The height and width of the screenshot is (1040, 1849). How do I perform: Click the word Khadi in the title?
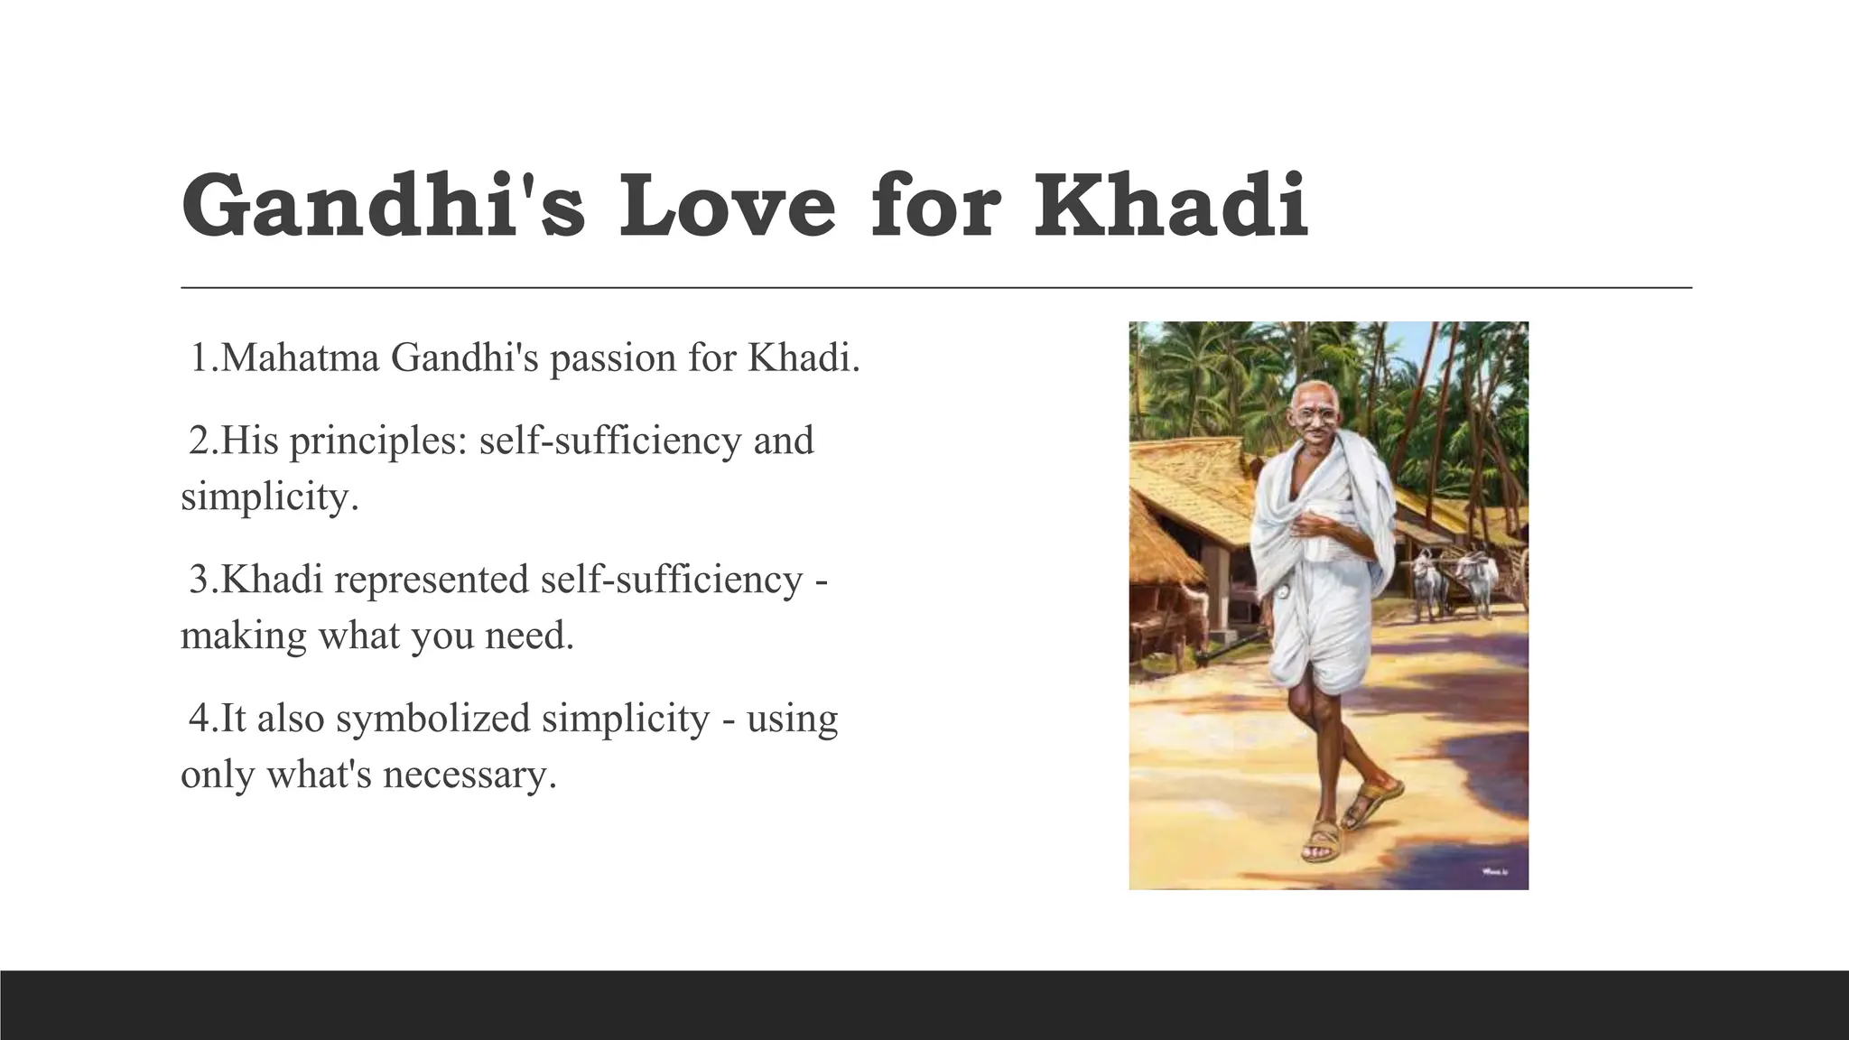pyautogui.click(x=1171, y=207)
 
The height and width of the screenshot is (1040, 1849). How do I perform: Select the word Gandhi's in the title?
pyautogui.click(x=383, y=207)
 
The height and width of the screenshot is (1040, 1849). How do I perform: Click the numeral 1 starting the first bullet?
pyautogui.click(x=200, y=358)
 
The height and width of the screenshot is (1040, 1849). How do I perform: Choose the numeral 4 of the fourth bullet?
pyautogui.click(x=199, y=719)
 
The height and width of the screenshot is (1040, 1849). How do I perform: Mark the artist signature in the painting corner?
pyautogui.click(x=1496, y=872)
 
